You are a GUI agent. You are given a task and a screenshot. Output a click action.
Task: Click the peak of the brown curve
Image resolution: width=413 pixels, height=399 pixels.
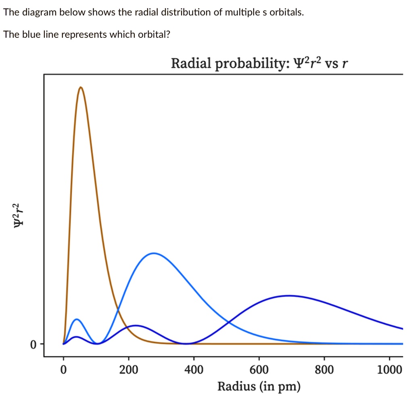(x=81, y=87)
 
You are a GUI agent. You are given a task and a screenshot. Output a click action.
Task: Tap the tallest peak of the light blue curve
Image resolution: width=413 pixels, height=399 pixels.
(x=154, y=253)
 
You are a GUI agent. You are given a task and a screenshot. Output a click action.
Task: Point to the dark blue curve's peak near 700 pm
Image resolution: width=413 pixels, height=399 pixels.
(x=288, y=295)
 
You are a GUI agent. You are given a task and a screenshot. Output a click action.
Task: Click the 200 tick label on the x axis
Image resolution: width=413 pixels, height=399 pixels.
(x=129, y=369)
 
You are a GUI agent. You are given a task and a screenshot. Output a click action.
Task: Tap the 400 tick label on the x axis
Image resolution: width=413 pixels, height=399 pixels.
(x=194, y=369)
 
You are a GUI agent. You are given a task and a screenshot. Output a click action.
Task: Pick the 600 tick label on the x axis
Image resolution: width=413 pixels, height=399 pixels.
(x=259, y=369)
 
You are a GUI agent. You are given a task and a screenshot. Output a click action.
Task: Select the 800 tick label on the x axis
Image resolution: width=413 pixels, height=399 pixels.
(x=324, y=369)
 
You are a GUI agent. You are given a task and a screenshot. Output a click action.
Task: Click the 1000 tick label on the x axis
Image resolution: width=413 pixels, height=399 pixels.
(x=389, y=369)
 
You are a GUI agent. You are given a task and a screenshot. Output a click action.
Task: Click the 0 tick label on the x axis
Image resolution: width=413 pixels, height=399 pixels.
(x=63, y=369)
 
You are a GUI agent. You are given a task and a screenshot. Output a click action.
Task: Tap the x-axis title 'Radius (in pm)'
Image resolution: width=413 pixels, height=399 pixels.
(x=259, y=386)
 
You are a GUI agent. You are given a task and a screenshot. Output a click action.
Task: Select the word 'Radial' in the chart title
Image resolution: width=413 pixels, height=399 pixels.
(x=191, y=63)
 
